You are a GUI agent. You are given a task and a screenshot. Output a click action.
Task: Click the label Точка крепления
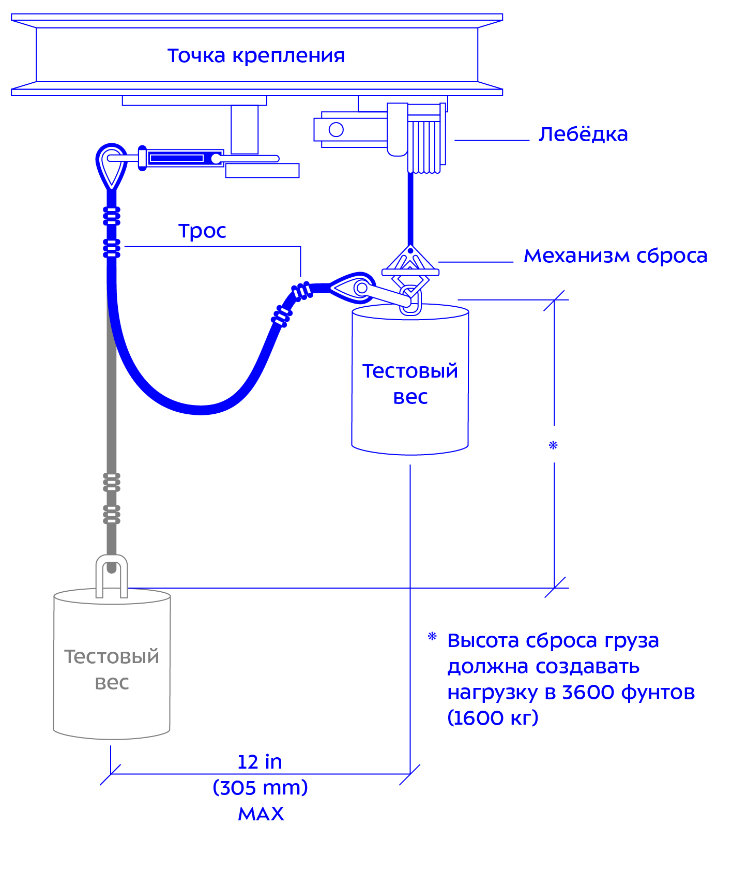(x=256, y=55)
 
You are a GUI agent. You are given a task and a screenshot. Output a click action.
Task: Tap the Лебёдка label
(x=583, y=134)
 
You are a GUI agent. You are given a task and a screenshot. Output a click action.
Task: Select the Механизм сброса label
(x=616, y=256)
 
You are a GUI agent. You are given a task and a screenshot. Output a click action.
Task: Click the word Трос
(x=202, y=231)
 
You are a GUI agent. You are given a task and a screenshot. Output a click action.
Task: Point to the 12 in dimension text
(x=260, y=762)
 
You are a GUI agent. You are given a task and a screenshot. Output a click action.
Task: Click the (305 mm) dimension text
(x=260, y=788)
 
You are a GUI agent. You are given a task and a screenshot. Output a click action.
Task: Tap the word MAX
(x=261, y=814)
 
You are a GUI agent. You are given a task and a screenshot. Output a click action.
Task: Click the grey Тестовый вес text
(x=112, y=669)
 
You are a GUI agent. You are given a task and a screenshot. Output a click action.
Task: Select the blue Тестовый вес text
(x=410, y=384)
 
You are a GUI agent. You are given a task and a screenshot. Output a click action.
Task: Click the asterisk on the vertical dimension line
(x=553, y=445)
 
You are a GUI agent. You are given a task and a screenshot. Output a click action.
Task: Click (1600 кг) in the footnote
(x=493, y=718)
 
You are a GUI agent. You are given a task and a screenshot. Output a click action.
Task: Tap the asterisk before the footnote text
(x=432, y=637)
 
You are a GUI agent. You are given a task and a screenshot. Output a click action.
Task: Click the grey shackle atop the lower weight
(x=112, y=575)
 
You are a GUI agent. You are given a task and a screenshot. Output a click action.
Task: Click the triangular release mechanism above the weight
(x=410, y=261)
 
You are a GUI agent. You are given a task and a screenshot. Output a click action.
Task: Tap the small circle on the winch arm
(x=336, y=129)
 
